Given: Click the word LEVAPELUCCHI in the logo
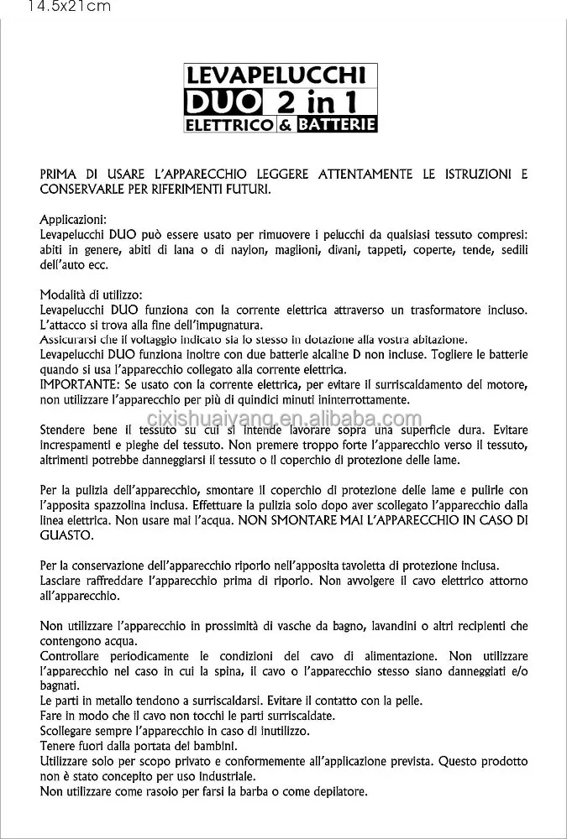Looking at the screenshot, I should point(281,78).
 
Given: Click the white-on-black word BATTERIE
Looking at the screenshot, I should point(334,125).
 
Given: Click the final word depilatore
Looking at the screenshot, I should point(336,791).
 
